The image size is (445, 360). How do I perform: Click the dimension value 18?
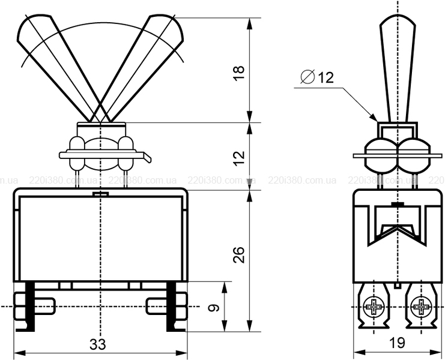(239, 73)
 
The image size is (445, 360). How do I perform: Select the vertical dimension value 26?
(239, 255)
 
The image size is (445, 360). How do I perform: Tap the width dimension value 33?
(98, 344)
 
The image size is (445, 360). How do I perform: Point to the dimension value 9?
(214, 308)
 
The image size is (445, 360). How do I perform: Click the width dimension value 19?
(397, 343)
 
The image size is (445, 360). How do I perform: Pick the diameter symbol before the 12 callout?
(307, 77)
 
